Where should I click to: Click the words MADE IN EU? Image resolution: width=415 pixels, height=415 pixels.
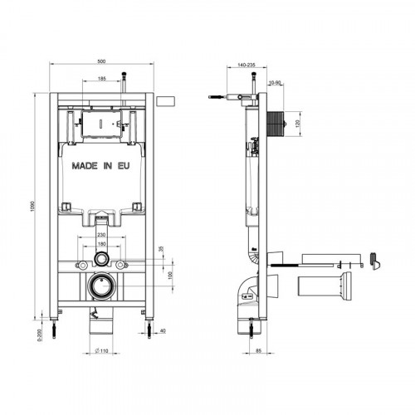coord(100,166)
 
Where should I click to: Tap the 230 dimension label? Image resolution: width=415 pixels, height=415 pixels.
coord(100,236)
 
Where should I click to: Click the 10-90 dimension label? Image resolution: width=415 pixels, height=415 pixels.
coord(274,82)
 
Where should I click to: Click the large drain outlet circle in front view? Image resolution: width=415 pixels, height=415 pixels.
coord(100,283)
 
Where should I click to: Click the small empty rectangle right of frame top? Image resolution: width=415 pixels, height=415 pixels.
coord(166,101)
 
